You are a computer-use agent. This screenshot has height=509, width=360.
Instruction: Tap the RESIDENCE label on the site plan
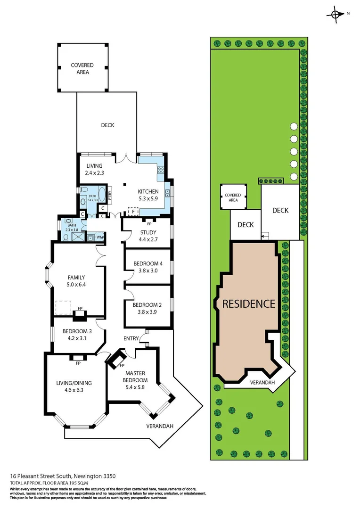(x=248, y=304)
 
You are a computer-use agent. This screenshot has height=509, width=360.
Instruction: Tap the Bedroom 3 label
(x=77, y=334)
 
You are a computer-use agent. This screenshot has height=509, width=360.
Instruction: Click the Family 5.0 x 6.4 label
(x=76, y=281)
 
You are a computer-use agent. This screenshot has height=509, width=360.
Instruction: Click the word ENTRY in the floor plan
(x=131, y=338)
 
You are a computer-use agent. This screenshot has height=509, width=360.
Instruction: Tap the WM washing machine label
(x=99, y=237)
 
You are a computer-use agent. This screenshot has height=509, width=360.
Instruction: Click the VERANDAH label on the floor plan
(x=159, y=426)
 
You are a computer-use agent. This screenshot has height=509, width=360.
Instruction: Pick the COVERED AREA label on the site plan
(x=233, y=197)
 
